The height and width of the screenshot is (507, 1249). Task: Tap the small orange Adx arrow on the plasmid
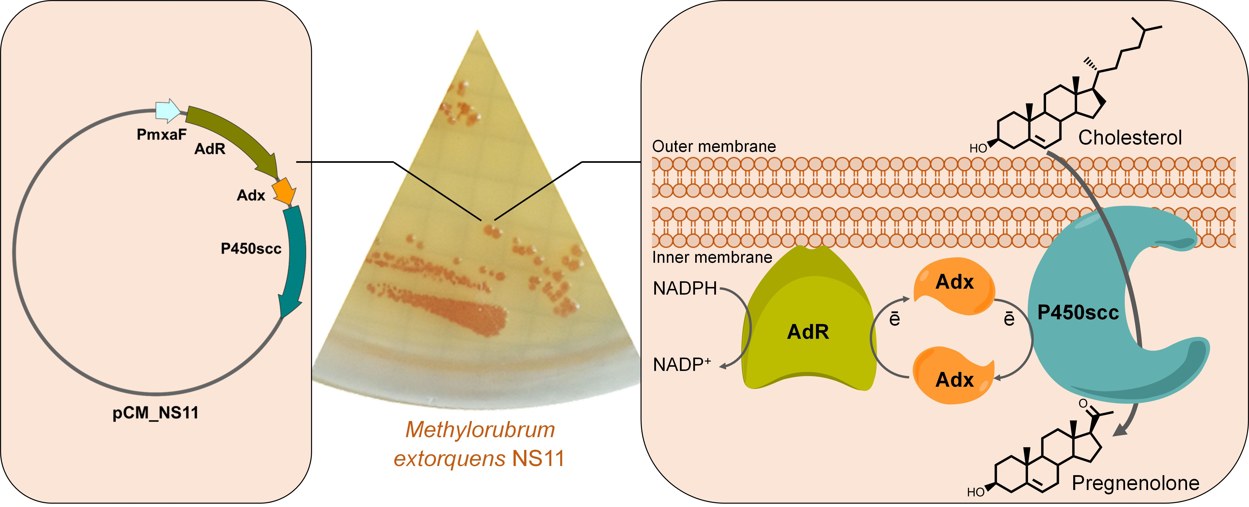tap(284, 191)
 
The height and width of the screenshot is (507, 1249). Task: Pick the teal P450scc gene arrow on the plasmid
tap(294, 257)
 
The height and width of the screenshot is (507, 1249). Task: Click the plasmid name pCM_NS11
tap(155, 413)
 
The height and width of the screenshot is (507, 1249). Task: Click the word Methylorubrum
tap(480, 430)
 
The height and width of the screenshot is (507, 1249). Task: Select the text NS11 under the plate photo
tap(538, 459)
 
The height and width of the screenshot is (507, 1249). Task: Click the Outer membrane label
tap(714, 146)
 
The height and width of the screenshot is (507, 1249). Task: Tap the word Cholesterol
tap(1130, 138)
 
